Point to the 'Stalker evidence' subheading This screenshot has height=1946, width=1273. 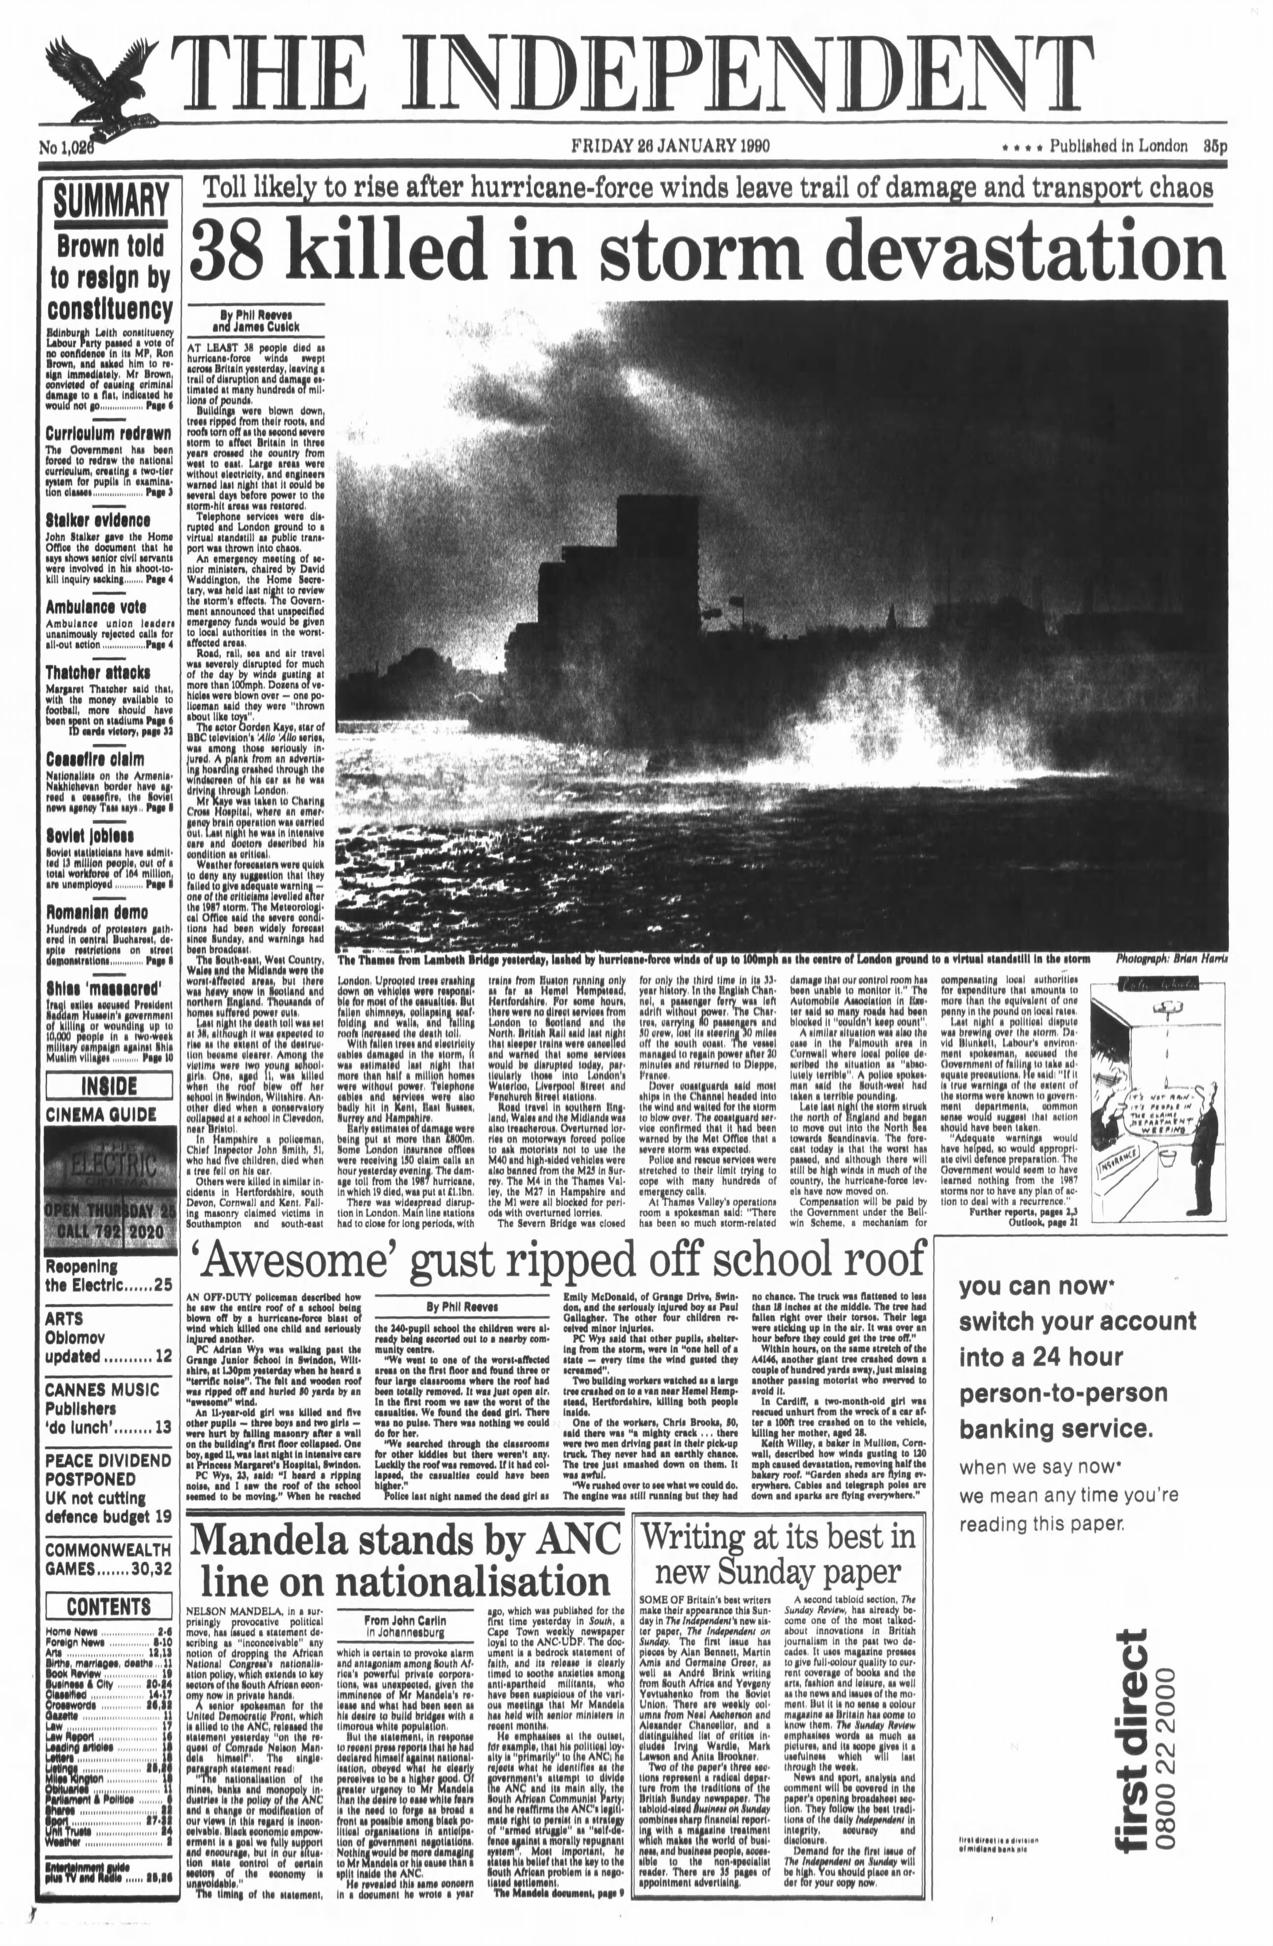[97, 520]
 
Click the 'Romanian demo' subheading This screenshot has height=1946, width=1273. [96, 913]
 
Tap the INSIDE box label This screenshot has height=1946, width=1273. [109, 1086]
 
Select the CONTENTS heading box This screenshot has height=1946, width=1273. [109, 1606]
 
